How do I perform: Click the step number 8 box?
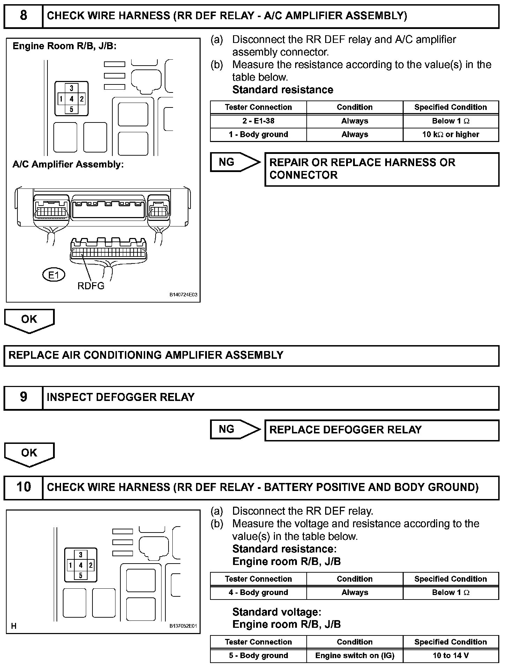[x=23, y=16]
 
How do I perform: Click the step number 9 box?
[x=23, y=397]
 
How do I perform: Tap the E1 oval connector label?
[x=54, y=275]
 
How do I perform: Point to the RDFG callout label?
[x=91, y=286]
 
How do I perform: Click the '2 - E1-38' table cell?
[x=258, y=121]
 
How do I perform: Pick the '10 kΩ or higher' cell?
[x=450, y=135]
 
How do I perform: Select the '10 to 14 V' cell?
[x=450, y=655]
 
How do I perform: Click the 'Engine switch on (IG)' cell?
[x=354, y=655]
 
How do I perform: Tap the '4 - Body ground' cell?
[x=258, y=592]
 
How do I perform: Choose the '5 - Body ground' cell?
[x=258, y=655]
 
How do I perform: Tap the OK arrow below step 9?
[x=29, y=454]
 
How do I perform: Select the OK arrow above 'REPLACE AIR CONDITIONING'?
[x=29, y=320]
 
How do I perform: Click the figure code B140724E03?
[x=183, y=295]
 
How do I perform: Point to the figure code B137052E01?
[x=183, y=626]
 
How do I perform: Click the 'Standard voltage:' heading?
[x=276, y=612]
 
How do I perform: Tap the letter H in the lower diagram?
[x=14, y=626]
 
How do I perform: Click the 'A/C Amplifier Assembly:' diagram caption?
[x=68, y=164]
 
